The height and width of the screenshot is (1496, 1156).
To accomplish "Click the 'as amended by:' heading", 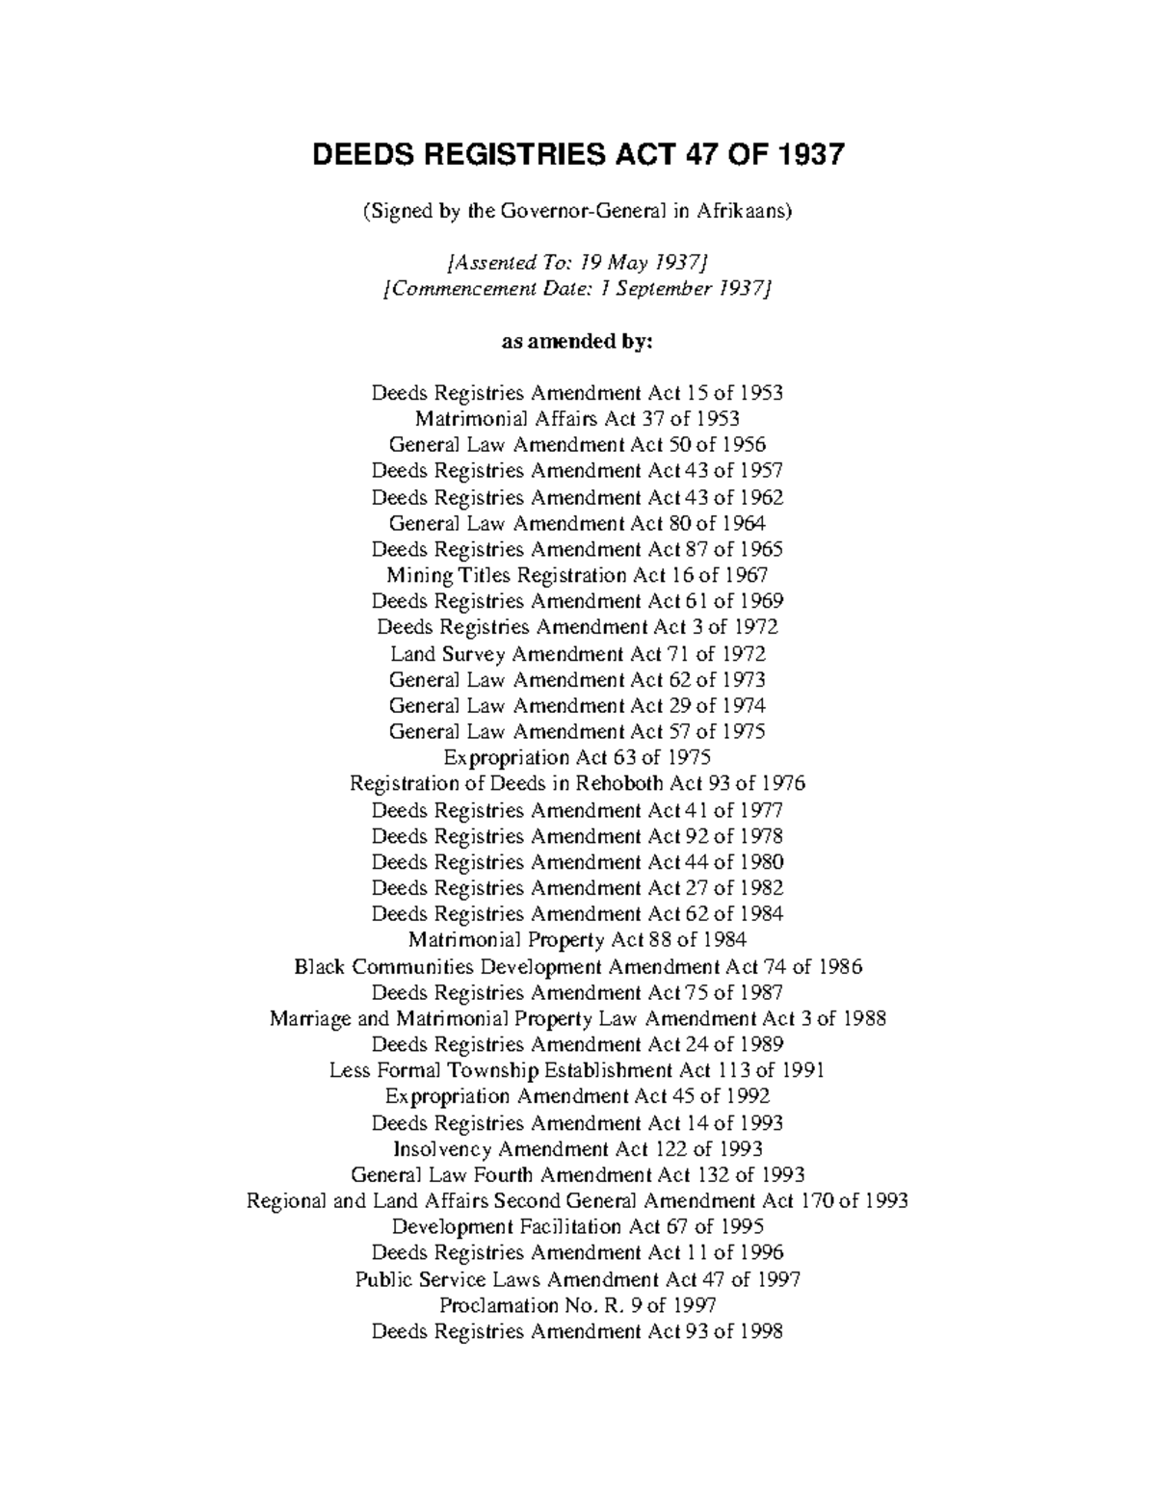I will (577, 341).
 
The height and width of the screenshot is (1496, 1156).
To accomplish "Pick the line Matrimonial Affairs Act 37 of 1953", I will (577, 419).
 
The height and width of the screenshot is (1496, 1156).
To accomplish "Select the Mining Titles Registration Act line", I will (577, 575).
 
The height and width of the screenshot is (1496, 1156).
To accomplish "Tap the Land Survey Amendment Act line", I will (577, 653).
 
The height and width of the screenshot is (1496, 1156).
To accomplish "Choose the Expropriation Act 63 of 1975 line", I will (577, 757).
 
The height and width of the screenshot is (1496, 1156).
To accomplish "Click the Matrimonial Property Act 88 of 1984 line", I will (577, 939).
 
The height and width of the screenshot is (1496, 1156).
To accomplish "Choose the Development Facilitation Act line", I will (577, 1226).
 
